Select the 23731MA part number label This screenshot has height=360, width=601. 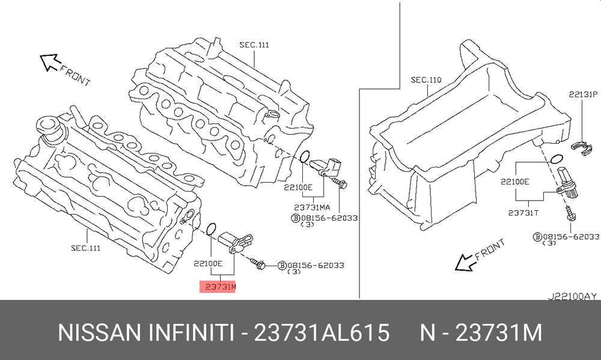click(x=312, y=207)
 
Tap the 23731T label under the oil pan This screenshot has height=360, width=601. click(x=523, y=212)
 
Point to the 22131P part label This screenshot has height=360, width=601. click(x=583, y=94)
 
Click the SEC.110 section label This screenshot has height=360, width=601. click(x=426, y=80)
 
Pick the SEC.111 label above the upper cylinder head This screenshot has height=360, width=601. click(x=254, y=45)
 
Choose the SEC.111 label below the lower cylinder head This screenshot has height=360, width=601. click(x=86, y=248)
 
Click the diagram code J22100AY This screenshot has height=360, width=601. click(x=572, y=296)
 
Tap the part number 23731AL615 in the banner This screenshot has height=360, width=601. click(x=322, y=332)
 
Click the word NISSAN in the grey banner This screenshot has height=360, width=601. click(x=100, y=332)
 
